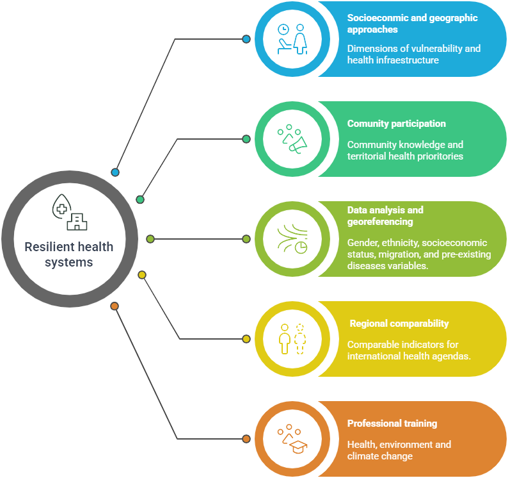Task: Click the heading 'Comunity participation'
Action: [x=396, y=124]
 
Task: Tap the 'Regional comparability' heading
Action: [x=399, y=324]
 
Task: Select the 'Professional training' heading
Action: [x=392, y=424]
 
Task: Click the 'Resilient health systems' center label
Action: [x=68, y=254]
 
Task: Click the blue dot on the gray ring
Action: [x=115, y=172]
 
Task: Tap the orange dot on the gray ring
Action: [x=115, y=306]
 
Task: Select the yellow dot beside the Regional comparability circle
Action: [x=246, y=339]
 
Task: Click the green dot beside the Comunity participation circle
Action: [x=246, y=139]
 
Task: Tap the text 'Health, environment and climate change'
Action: [x=399, y=450]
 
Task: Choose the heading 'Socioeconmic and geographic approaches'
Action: [x=412, y=24]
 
